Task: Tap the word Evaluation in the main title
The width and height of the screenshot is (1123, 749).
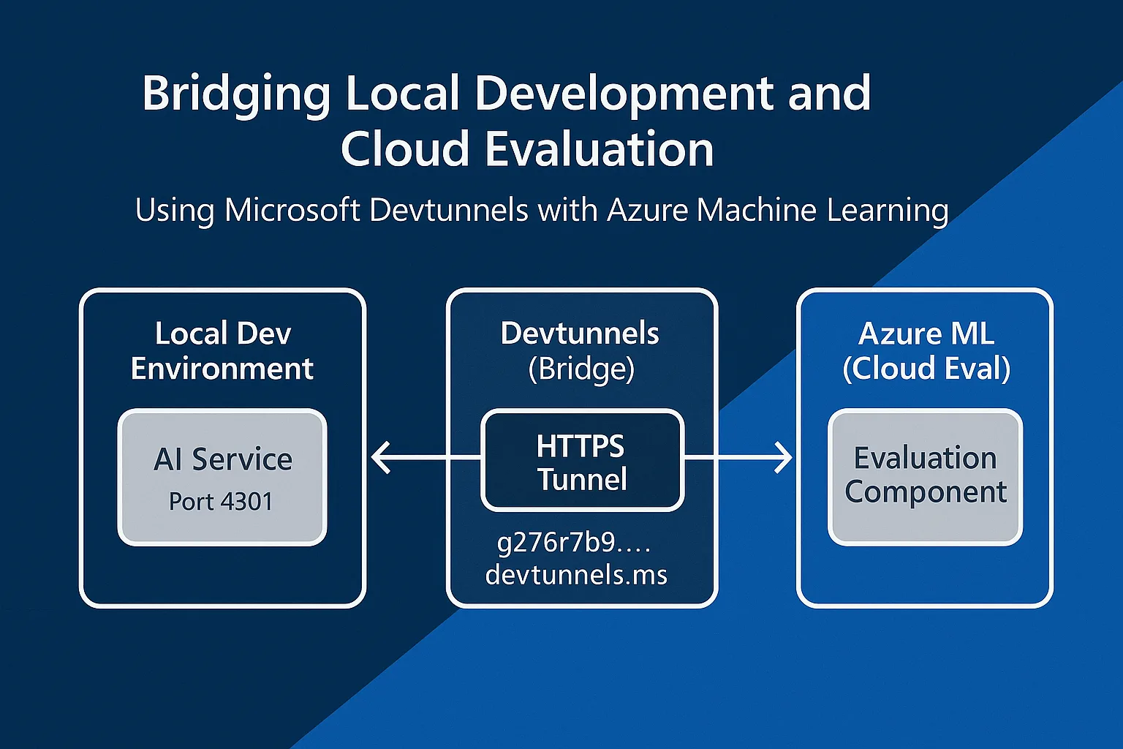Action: click(599, 149)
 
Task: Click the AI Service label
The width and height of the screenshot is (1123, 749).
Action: click(223, 459)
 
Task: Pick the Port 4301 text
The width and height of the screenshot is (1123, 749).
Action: click(221, 502)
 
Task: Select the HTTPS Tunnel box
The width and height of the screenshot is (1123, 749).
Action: click(582, 461)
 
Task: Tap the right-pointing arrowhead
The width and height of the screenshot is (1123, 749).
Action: click(784, 458)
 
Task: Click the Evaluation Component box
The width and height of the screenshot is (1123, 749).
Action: click(925, 475)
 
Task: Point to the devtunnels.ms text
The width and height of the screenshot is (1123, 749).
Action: click(576, 575)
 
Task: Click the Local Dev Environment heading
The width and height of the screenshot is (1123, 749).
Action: click(222, 351)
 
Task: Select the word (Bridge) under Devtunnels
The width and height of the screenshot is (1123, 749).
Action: click(581, 369)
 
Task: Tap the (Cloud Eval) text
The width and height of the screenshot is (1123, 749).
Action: click(926, 369)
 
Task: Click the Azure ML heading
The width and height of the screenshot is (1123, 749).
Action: click(926, 334)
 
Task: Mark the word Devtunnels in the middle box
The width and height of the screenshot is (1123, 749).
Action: click(580, 334)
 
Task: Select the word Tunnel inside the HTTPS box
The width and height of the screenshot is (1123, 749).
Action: click(582, 480)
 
